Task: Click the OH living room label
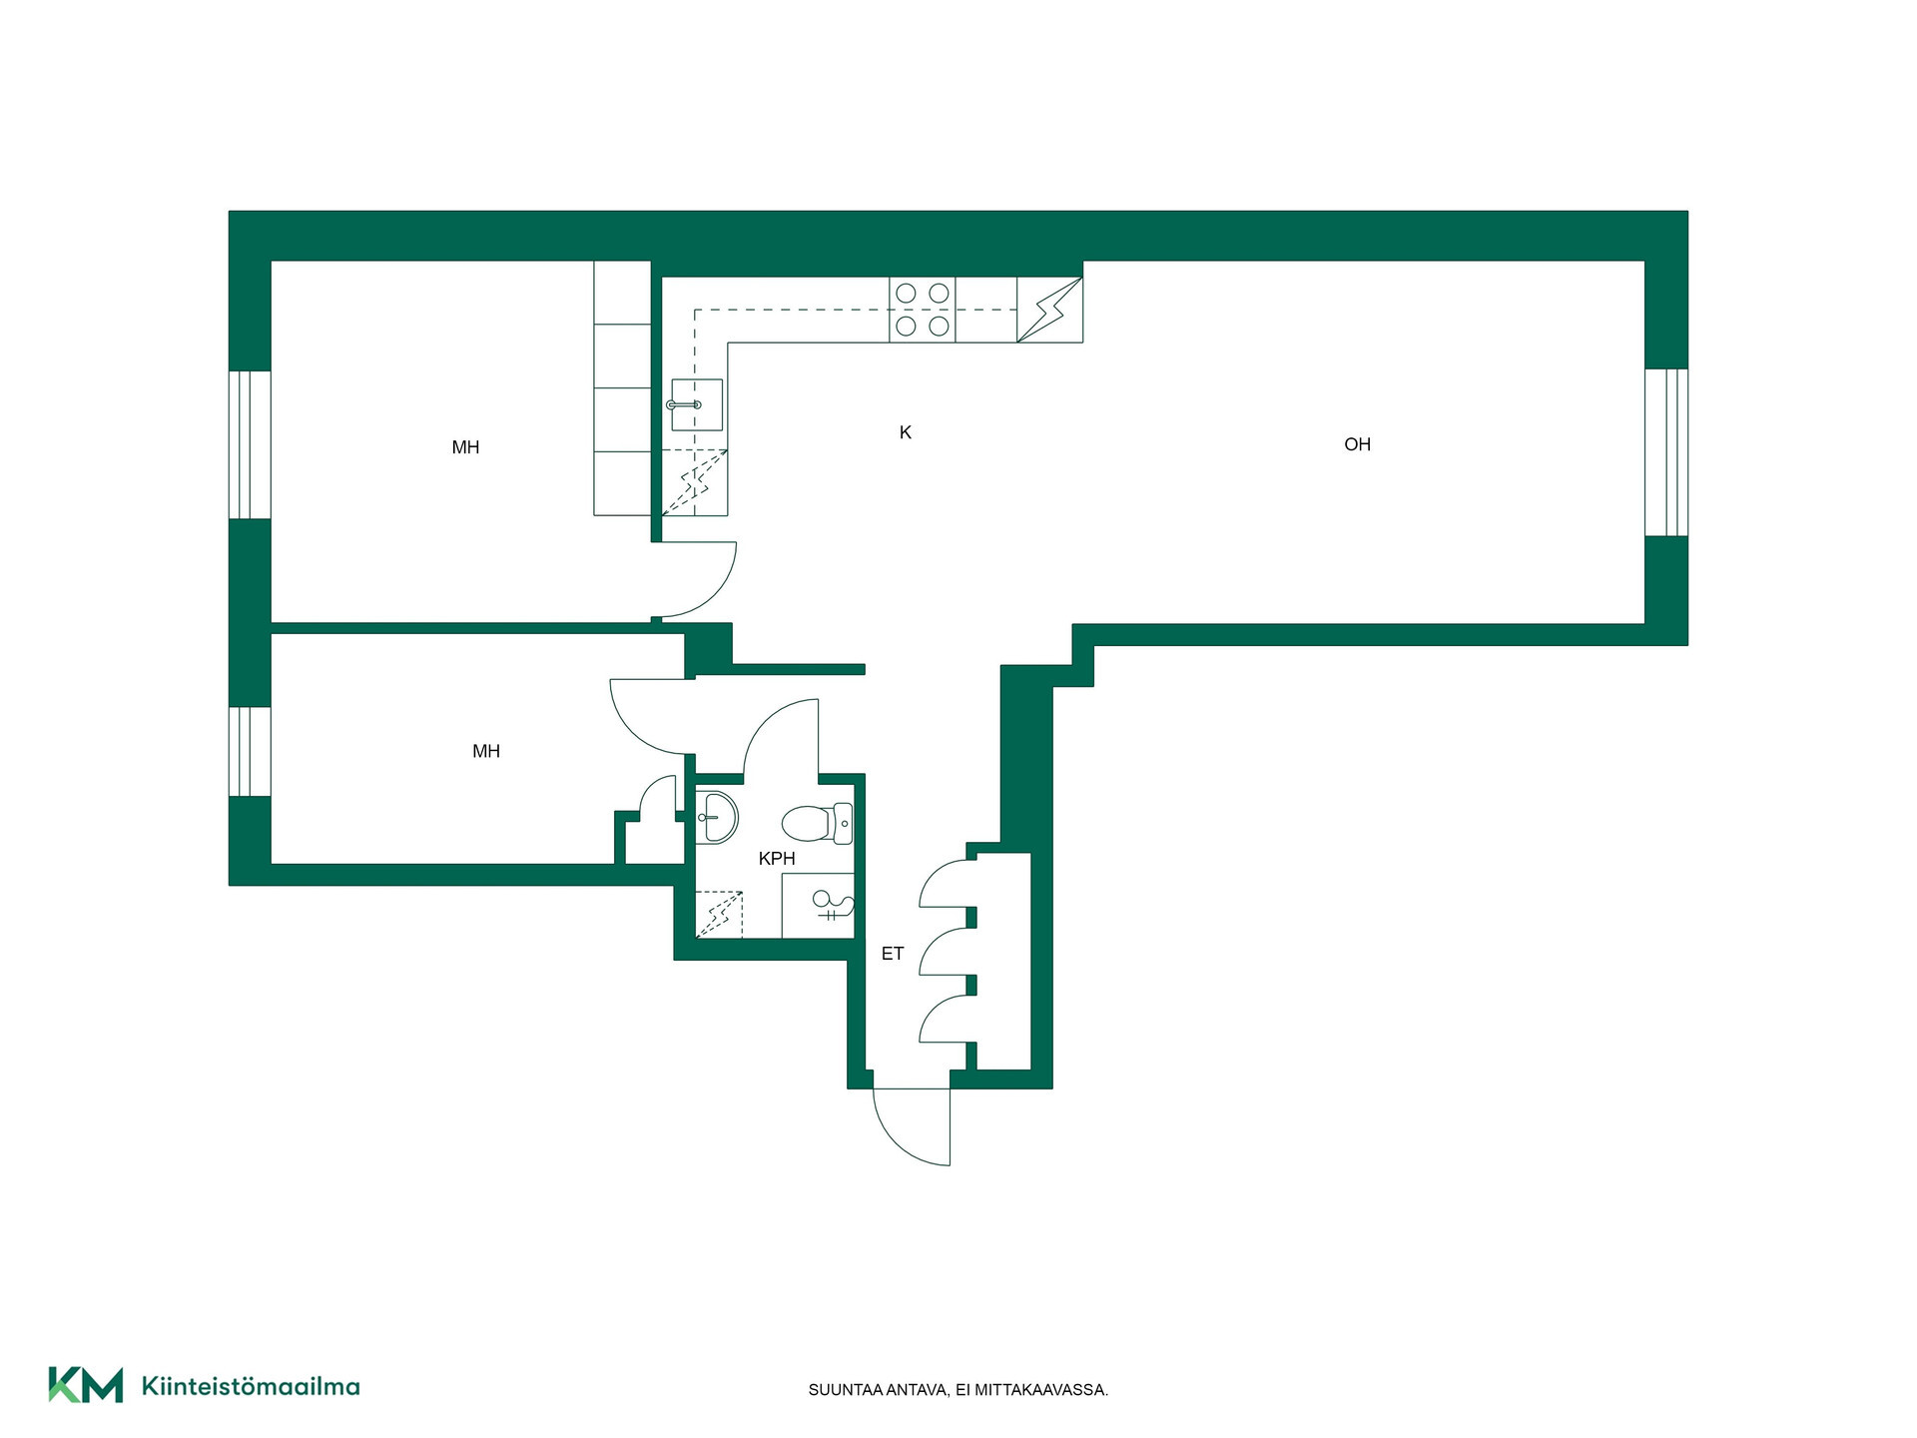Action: tap(1357, 444)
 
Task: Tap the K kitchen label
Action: tap(906, 432)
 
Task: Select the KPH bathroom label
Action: tap(777, 858)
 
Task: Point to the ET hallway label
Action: tap(893, 954)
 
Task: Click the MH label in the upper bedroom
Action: tap(465, 447)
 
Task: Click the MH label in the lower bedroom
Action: tap(486, 751)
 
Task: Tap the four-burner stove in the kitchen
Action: tap(923, 310)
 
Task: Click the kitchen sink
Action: tap(696, 404)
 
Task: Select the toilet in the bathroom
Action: tap(817, 824)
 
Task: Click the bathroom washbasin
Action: tap(716, 817)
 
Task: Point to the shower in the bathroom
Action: tap(818, 906)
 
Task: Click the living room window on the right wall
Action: tap(1666, 452)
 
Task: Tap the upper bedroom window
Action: tap(250, 445)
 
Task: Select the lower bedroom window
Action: tap(250, 752)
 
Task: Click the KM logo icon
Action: tap(86, 1385)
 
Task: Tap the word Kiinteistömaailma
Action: tap(251, 1386)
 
